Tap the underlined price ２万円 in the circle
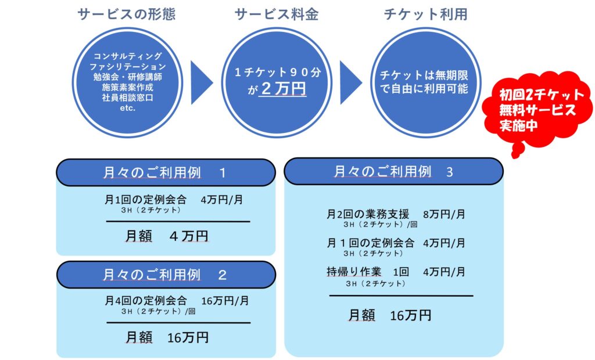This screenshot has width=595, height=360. [x=283, y=89]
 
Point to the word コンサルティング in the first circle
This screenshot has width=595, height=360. [x=127, y=56]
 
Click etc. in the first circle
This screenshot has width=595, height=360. [x=127, y=108]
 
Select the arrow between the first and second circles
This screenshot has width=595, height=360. [x=201, y=82]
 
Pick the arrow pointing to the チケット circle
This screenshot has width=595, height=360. [x=350, y=82]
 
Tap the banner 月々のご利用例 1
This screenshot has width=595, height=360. [x=165, y=173]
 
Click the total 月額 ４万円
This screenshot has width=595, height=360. [x=166, y=236]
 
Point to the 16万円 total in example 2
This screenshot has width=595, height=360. [x=187, y=338]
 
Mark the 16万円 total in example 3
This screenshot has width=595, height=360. [x=410, y=315]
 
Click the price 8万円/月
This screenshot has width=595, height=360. [x=444, y=214]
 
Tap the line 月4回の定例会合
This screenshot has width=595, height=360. [x=146, y=301]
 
